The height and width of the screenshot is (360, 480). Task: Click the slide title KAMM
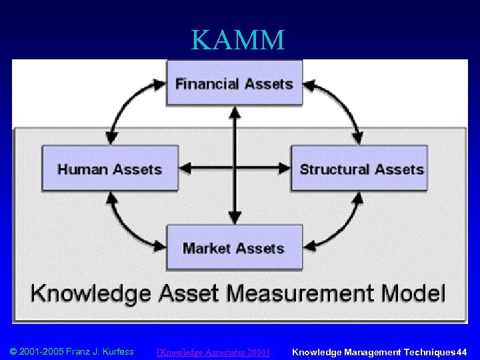(238, 40)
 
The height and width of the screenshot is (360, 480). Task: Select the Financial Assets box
(234, 83)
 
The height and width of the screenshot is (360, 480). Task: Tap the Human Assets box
(110, 169)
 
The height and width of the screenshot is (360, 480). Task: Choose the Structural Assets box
(361, 169)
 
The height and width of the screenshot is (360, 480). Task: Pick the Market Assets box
(234, 247)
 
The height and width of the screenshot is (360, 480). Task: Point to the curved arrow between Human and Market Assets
(127, 227)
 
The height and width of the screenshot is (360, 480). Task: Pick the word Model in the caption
(415, 293)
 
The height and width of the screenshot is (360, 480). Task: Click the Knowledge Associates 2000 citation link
(213, 352)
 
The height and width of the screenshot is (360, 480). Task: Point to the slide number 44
(462, 351)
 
